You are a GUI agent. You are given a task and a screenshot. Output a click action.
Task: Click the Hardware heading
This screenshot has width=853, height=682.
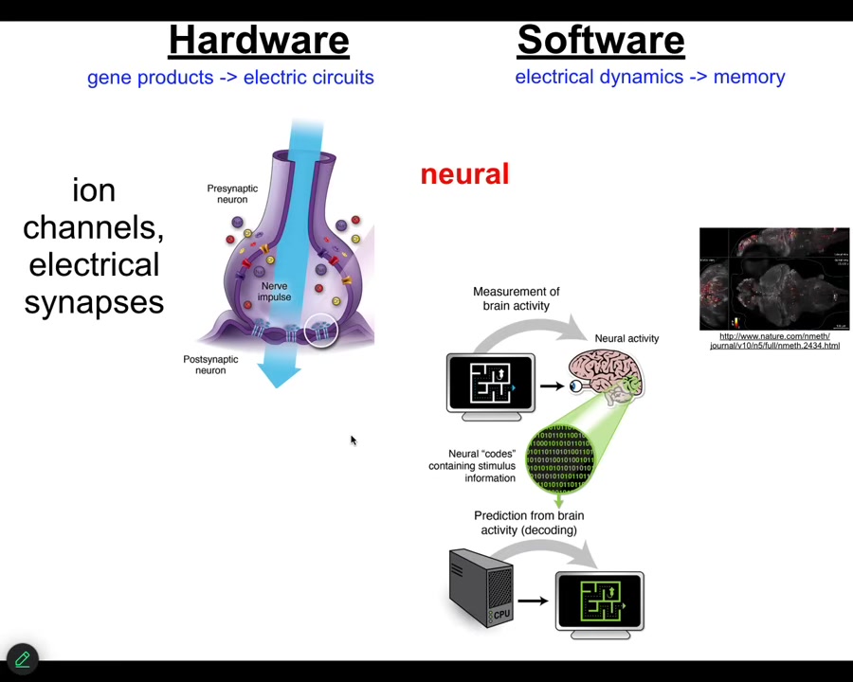click(x=259, y=40)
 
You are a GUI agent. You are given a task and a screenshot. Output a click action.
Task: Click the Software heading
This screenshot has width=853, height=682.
click(x=600, y=40)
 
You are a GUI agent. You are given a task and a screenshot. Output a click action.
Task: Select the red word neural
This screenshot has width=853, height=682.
click(x=464, y=174)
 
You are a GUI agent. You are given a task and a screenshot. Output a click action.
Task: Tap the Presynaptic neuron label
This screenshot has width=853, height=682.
click(x=232, y=193)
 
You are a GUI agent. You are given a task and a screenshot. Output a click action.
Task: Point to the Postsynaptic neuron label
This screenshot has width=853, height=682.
click(x=210, y=365)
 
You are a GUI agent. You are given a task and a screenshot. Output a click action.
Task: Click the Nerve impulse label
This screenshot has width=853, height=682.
click(x=274, y=292)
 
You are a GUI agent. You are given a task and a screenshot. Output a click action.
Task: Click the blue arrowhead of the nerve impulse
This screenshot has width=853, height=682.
click(x=279, y=376)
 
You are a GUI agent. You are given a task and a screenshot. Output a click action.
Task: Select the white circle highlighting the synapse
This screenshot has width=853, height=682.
click(x=321, y=331)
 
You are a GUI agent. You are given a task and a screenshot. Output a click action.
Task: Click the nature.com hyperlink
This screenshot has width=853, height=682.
click(x=774, y=341)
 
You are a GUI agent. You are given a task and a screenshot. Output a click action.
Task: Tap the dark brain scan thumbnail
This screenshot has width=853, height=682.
click(x=774, y=278)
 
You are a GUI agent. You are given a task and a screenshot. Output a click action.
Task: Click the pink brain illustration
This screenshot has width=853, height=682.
click(x=606, y=374)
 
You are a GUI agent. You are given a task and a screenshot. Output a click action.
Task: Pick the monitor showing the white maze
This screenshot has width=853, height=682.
click(x=491, y=384)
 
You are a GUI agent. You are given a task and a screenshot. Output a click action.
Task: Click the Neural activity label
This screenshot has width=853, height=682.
click(x=626, y=338)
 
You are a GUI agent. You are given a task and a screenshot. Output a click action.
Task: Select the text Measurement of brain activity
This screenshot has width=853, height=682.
click(x=516, y=298)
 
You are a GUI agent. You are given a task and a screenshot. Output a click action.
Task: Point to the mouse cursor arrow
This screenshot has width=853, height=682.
click(x=353, y=440)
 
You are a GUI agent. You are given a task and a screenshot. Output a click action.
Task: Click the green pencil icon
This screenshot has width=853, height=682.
click(x=22, y=659)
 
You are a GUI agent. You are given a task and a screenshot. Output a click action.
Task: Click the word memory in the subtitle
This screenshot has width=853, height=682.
click(x=749, y=78)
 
